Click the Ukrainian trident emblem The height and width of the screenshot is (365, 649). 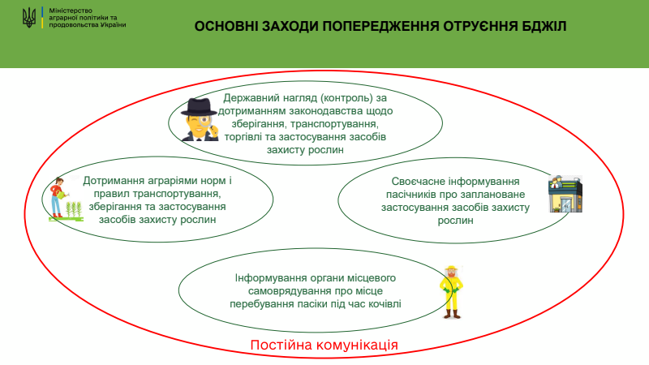coord(29,18)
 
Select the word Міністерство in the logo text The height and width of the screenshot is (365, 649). coord(71,11)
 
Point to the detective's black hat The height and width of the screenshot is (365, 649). coord(199,107)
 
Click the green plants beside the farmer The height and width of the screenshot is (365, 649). coord(74,209)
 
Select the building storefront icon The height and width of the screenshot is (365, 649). coord(565,194)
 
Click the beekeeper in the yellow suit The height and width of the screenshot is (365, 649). coord(451,292)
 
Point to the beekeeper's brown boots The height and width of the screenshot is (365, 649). coord(452,314)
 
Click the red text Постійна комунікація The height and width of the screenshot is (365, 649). coord(324,345)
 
